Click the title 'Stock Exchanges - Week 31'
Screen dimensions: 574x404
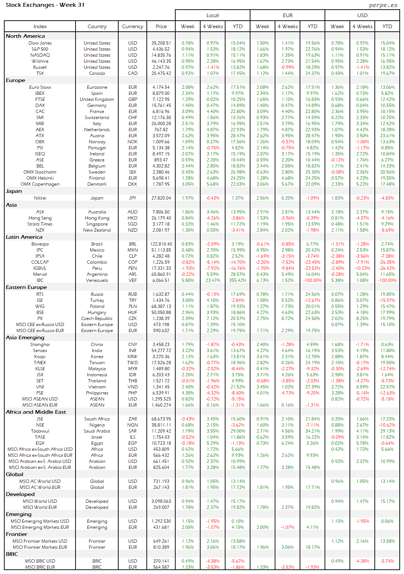coord(45,5)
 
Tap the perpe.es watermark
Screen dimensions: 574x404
coord(383,5)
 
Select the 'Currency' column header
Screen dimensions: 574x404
coord(133,26)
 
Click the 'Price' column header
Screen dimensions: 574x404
coord(161,26)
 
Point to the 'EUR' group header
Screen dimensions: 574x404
coord(288,15)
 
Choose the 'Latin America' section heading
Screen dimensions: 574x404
coord(24,237)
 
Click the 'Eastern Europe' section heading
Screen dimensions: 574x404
coord(26,287)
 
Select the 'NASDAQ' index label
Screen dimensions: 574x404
coord(40,55)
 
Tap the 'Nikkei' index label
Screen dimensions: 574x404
coord(40,198)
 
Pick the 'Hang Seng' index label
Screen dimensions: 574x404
coord(40,218)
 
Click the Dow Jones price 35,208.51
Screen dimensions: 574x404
coord(161,43)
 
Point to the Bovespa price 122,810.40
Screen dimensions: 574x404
coord(161,244)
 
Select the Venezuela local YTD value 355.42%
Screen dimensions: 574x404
coord(238,280)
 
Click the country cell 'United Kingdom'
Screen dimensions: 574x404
coord(97,99)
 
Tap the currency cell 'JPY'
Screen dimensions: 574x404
coord(133,198)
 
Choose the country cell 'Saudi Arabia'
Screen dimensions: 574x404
coord(97,431)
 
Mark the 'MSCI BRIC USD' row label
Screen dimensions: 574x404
coord(40,561)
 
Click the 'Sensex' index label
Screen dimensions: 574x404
coord(40,351)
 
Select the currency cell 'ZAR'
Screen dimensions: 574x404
coord(133,419)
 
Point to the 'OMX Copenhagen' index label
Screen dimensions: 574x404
coord(40,184)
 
